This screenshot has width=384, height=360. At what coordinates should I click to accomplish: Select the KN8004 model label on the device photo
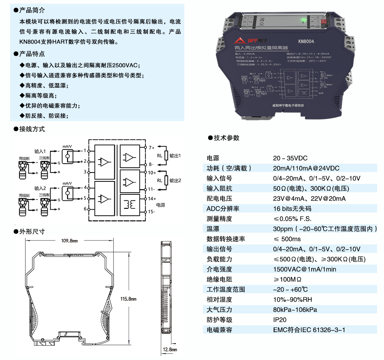pyautogui.click(x=306, y=41)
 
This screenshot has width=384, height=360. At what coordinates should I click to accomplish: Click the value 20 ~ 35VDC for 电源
pyautogui.click(x=290, y=158)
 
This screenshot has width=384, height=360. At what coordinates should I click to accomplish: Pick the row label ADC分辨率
pyautogui.click(x=222, y=209)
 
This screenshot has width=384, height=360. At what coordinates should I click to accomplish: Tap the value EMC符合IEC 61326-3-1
pyautogui.click(x=309, y=330)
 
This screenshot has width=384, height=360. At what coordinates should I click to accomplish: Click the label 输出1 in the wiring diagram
pyautogui.click(x=175, y=156)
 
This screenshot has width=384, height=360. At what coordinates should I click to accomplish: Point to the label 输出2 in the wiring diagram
pyautogui.click(x=175, y=180)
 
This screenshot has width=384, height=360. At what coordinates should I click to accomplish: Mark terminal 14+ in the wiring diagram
pyautogui.click(x=152, y=199)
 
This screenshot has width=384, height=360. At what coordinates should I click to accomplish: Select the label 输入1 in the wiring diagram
pyautogui.click(x=40, y=151)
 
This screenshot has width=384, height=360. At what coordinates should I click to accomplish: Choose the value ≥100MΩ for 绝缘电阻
pyautogui.click(x=287, y=279)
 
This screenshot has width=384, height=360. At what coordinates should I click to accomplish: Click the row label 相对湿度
pyautogui.click(x=219, y=299)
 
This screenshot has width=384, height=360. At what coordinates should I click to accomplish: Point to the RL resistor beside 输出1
pyautogui.click(x=165, y=156)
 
